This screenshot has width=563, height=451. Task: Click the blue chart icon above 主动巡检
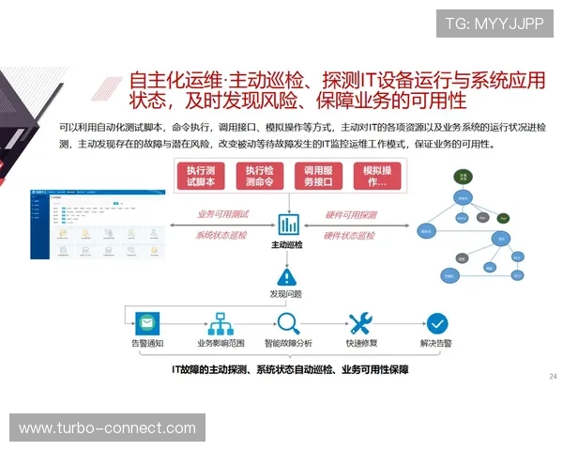[x=288, y=225]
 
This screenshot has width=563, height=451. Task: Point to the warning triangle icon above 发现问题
[x=288, y=276]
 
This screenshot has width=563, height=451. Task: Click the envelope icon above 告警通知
[x=145, y=323]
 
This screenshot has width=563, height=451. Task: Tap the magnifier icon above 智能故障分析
[x=288, y=323]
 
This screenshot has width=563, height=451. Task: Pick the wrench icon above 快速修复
[x=361, y=323]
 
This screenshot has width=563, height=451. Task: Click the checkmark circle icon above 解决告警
[x=436, y=323]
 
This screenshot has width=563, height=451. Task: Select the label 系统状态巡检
[x=222, y=235]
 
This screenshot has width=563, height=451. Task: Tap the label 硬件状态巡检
[x=350, y=235]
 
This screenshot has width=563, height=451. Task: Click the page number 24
[x=552, y=376]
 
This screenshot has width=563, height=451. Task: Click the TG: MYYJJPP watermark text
[x=494, y=23]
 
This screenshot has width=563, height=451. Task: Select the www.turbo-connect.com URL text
[x=108, y=428]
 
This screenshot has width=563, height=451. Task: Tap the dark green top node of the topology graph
[x=463, y=176]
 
